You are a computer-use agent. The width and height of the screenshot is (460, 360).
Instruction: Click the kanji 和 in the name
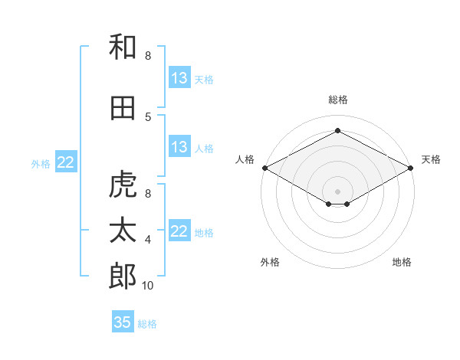click(123, 47)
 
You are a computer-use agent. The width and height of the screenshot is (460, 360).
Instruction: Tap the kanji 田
click(123, 108)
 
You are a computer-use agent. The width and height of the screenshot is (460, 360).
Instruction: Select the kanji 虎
click(123, 184)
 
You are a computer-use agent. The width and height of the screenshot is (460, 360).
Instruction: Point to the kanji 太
click(123, 230)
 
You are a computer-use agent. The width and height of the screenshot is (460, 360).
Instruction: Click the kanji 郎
click(123, 276)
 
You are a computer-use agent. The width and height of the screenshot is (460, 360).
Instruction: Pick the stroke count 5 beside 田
click(148, 117)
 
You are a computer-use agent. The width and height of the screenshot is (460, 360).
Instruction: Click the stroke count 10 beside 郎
click(147, 285)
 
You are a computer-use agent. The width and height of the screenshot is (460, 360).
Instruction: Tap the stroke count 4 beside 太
click(148, 240)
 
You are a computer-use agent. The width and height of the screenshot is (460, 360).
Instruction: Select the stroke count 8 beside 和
click(148, 55)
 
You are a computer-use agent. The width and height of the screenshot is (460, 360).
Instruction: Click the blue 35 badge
click(123, 321)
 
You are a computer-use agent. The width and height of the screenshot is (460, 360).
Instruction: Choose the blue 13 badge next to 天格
click(180, 77)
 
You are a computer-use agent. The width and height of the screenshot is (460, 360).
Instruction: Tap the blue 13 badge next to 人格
click(180, 146)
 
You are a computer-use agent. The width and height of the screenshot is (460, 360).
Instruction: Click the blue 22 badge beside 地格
click(180, 230)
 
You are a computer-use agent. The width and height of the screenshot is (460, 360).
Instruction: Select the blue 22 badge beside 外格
click(66, 162)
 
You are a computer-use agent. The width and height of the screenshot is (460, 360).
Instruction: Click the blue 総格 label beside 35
click(147, 324)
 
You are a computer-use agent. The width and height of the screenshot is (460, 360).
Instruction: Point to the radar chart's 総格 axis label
click(338, 100)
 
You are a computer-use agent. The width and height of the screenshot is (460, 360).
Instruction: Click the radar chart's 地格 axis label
click(402, 262)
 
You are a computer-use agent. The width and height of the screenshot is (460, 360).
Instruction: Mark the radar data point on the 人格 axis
click(265, 168)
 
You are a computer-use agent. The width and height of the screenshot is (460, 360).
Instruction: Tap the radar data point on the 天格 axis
click(411, 168)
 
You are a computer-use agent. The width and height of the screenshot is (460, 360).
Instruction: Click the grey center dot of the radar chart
click(337, 191)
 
